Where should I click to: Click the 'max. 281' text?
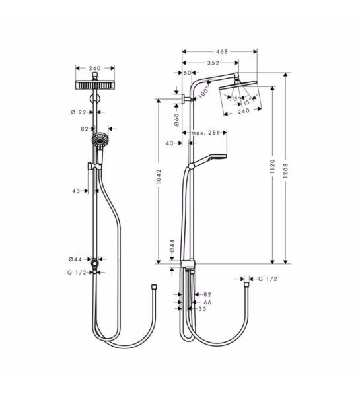click(x=206, y=133)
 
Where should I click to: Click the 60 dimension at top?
click(x=187, y=73)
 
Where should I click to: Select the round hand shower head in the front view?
click(x=100, y=141)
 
